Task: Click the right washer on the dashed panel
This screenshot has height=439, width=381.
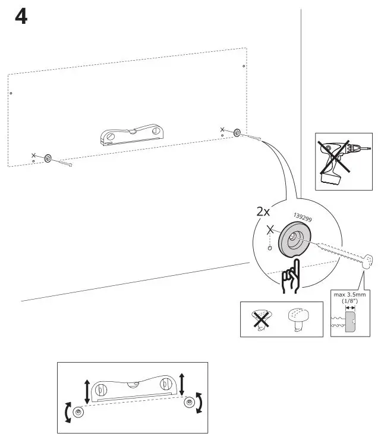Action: pos(237,132)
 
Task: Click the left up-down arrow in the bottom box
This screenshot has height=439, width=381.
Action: pos(88,391)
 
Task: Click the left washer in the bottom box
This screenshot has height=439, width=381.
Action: pos(78,412)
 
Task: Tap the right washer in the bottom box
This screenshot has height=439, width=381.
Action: pos(189,403)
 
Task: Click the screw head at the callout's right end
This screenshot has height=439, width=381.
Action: pos(369,260)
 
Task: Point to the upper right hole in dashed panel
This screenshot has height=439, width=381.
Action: pos(244,66)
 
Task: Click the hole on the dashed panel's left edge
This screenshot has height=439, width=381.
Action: pos(11,94)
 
